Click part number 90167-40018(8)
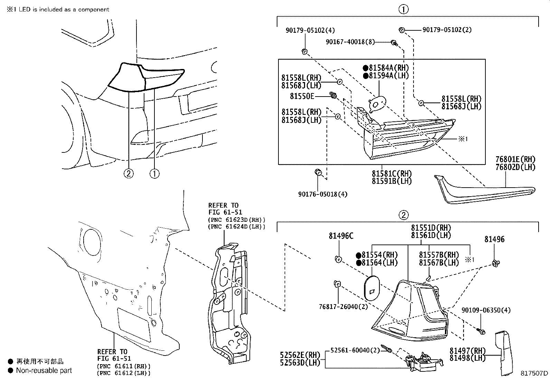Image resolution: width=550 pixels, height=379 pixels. [x=350, y=42]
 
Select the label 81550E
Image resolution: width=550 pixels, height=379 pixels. [x=302, y=96]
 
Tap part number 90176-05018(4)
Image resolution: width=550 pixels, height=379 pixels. [x=323, y=195]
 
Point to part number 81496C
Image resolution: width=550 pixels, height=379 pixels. [x=341, y=236]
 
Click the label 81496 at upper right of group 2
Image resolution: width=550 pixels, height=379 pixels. [x=494, y=239]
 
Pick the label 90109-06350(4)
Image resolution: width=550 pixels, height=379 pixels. [x=486, y=310]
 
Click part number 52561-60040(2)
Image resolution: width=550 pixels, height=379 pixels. [x=355, y=350]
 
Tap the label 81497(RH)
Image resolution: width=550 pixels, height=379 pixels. [x=467, y=351]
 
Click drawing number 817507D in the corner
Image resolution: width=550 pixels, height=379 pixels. [x=534, y=373]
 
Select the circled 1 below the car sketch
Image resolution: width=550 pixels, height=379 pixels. [x=155, y=173]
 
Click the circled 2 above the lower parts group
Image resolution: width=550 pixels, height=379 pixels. [x=404, y=216]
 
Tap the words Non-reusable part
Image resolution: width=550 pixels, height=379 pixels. [x=44, y=371]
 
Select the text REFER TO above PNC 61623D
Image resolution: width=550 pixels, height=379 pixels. [x=223, y=206]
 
